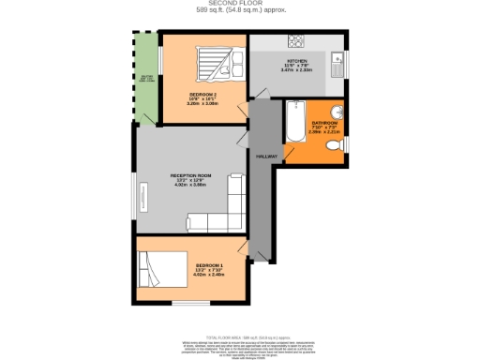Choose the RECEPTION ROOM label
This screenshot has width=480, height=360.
(191, 175)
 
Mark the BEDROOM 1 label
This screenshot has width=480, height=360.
(209, 266)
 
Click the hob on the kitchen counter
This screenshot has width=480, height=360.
(296, 41)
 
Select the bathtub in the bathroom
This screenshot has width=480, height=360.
(293, 120)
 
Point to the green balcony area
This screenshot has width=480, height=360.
(145, 79)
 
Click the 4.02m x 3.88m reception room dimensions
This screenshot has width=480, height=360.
(191, 185)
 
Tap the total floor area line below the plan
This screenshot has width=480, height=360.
(240, 334)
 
